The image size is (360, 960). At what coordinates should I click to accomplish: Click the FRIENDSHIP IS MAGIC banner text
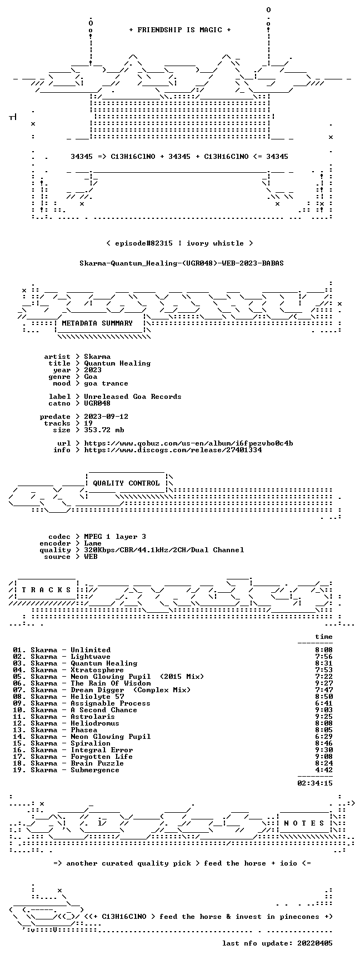180,30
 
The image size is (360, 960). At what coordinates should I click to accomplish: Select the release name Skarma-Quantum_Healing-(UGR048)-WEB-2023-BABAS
182,263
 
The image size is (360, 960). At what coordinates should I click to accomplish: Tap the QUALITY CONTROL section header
126,483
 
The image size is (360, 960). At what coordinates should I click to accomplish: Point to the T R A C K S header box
47,590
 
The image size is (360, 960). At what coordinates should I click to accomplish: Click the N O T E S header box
304,823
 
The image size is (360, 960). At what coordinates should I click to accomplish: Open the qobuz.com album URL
188,443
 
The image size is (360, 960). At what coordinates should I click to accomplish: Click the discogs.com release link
173,450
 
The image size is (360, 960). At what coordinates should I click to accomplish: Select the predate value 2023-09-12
106,417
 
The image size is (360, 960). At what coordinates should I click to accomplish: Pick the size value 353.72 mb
104,430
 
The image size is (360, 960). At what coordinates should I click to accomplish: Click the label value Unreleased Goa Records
133,397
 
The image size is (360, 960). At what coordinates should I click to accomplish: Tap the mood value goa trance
106,383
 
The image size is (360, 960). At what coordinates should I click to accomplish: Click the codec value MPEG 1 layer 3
115,537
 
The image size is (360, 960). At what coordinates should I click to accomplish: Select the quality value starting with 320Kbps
164,550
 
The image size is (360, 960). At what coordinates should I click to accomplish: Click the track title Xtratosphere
97,670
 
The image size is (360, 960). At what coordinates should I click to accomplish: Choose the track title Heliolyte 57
97,697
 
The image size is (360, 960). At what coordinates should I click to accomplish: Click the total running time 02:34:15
315,783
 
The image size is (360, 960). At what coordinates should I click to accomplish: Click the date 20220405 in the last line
315,943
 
